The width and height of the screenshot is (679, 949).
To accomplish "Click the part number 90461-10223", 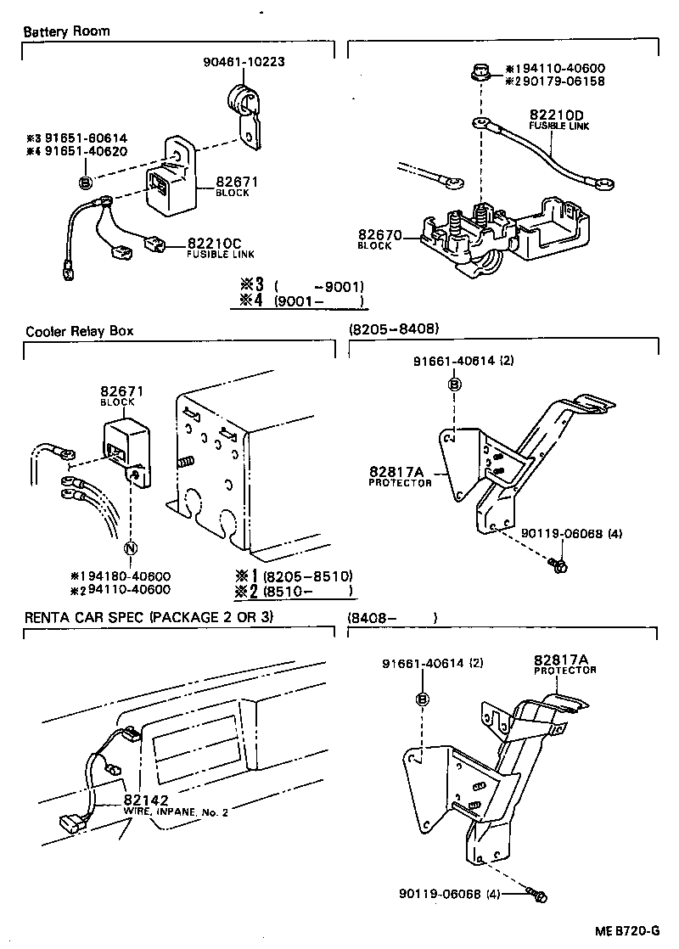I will (x=244, y=61).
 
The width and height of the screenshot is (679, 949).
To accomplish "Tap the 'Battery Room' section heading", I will (x=66, y=31).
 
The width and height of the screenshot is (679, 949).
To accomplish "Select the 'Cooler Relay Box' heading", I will (x=79, y=331).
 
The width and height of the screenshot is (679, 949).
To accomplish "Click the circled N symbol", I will (x=131, y=548).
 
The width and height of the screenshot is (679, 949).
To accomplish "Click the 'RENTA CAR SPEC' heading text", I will (x=149, y=615).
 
